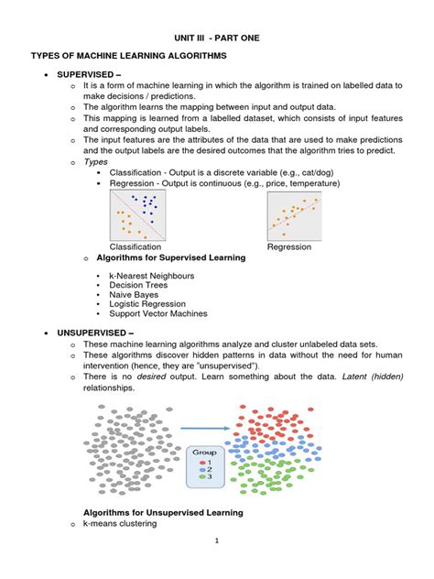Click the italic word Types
point(95,161)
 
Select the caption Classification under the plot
point(136,246)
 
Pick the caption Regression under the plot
point(289,246)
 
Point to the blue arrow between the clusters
point(203,426)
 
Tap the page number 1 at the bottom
point(217,566)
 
